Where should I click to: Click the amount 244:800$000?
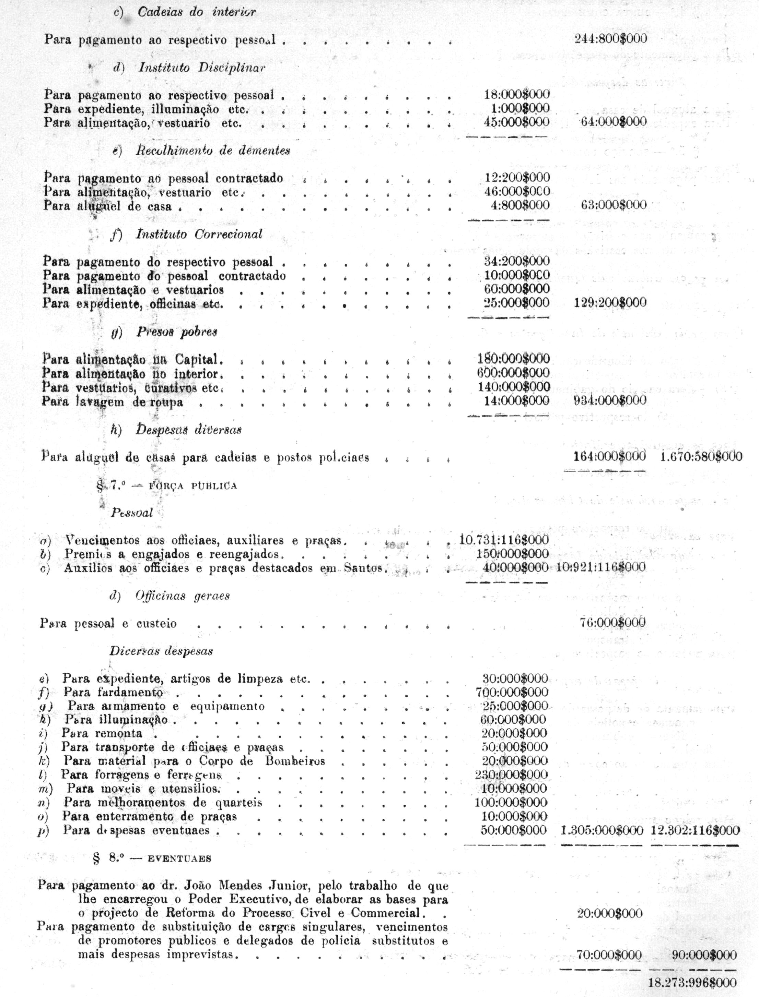pos(610,38)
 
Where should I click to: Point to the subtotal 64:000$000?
pos(614,121)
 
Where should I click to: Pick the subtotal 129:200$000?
pos(610,302)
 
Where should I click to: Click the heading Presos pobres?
pos(177,332)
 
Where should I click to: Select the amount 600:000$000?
pos(514,373)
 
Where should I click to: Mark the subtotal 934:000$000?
pos(610,400)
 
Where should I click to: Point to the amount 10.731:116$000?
pos(504,540)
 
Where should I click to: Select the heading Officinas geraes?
pos(183,596)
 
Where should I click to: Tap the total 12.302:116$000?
pos(695,830)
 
